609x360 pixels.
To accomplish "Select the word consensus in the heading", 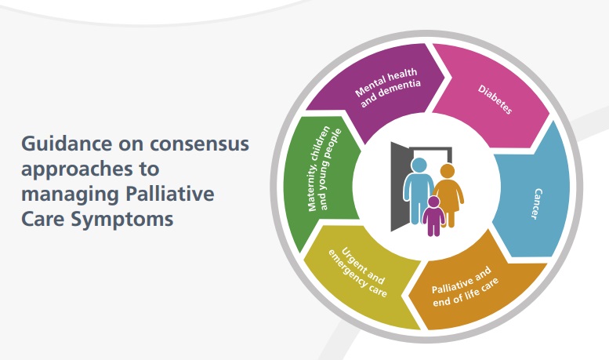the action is tap(199, 144).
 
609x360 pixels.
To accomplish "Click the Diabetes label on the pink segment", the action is tap(495, 100).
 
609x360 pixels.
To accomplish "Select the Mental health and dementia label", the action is tap(388, 88).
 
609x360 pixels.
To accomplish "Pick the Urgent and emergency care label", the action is tap(358, 272).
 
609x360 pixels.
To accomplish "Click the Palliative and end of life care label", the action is tap(465, 286).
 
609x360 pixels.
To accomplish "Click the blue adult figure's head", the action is tap(419, 165).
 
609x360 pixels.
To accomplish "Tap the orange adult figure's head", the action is tap(448, 171).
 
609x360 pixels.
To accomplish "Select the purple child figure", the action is tap(433, 216).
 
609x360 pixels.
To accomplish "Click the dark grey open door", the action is tap(400, 187).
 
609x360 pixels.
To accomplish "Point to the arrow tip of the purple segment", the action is tap(445, 77).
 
